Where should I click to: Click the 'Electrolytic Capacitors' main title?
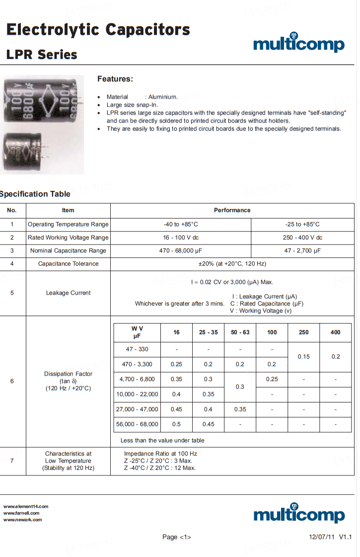pos(98,30)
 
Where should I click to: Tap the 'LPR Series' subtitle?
pos(42,55)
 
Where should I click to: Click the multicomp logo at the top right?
pos(298,43)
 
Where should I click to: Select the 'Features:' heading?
pos(115,79)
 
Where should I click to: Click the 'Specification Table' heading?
pos(35,194)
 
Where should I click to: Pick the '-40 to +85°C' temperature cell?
pos(181,224)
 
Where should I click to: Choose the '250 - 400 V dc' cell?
pos(302,238)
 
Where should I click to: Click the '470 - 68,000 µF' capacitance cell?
pos(181,250)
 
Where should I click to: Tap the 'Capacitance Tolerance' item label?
pos(68,264)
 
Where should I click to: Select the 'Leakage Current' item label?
pos(68,293)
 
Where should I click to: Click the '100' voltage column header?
pos(272,332)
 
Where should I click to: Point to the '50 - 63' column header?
pos(240,332)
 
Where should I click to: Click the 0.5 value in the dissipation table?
pos(176,424)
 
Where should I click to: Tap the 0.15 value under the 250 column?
pos(304,357)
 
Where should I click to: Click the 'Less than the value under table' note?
pos(162,440)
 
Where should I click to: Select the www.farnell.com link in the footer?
pos(21,513)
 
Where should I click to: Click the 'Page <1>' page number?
pos(177,537)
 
